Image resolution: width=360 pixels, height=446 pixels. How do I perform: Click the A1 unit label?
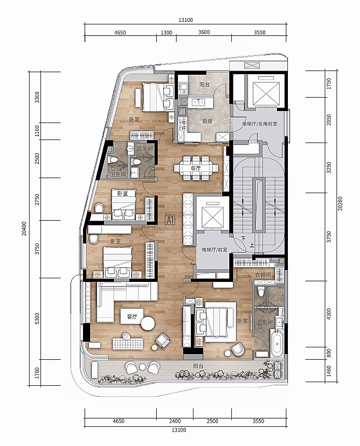(170, 220)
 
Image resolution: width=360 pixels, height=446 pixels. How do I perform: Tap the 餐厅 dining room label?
(196, 168)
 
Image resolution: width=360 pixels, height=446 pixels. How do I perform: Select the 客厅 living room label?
(132, 317)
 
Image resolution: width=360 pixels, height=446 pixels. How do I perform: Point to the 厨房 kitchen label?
(207, 121)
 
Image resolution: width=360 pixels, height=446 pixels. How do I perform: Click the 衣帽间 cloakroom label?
(263, 275)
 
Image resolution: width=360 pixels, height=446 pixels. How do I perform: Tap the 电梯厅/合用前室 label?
(260, 124)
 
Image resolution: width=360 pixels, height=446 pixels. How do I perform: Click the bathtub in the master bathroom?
(277, 343)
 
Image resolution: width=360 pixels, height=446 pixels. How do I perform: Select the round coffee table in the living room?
(148, 323)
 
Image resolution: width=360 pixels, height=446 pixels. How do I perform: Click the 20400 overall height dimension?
(24, 228)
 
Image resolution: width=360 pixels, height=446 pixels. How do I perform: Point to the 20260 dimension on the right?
(340, 204)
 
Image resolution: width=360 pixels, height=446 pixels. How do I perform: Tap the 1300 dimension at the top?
(167, 32)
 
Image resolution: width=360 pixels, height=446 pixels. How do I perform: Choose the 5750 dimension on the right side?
(329, 237)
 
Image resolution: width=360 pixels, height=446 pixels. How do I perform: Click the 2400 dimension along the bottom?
(175, 421)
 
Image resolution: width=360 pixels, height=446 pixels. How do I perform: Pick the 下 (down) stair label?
(243, 238)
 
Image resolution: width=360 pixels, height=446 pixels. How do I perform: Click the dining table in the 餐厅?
(196, 168)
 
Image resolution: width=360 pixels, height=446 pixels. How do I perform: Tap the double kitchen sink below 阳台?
(198, 102)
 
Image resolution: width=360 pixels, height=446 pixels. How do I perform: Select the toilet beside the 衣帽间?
(261, 291)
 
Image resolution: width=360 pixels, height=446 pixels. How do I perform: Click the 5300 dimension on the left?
(37, 319)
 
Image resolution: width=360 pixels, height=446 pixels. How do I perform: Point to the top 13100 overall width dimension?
(186, 20)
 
